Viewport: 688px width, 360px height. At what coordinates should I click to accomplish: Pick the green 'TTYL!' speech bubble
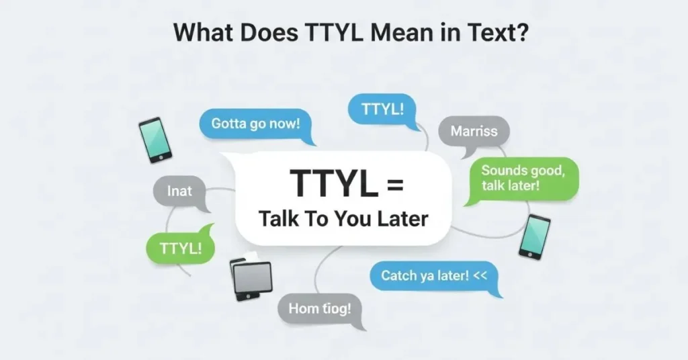click(180, 247)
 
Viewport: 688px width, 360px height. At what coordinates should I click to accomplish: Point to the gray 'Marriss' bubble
click(474, 132)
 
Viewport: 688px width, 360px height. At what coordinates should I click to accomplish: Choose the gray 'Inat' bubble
click(179, 191)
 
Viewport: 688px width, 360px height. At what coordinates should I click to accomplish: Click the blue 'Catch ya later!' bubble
click(433, 275)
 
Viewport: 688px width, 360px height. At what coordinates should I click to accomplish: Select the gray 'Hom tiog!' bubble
click(320, 310)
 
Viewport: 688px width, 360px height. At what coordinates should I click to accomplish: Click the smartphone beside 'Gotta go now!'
click(155, 140)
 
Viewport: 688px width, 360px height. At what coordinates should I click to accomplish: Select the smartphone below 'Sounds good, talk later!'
click(534, 236)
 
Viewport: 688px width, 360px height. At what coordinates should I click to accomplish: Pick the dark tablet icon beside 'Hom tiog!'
click(251, 277)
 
